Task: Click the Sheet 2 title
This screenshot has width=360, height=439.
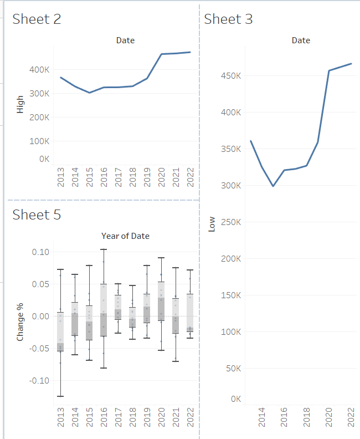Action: pos(37,19)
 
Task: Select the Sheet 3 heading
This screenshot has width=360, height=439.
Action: pos(228,19)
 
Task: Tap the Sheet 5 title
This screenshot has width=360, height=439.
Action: pos(37,215)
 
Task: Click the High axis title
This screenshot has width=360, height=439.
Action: pos(20,105)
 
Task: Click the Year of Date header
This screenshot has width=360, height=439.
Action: pos(125,236)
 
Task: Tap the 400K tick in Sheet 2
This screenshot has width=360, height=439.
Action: pos(39,70)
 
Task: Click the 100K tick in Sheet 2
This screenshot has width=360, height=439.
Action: pos(39,141)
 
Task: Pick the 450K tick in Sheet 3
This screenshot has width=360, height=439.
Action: pos(230,76)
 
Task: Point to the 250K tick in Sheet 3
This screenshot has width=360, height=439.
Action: pos(230,222)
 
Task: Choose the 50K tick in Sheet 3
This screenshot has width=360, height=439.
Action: pos(233,369)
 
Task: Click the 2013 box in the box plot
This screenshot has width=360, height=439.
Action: pos(60,331)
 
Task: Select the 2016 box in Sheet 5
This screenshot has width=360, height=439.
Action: pos(104,310)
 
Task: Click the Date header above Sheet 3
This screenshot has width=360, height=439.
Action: pos(301,40)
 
